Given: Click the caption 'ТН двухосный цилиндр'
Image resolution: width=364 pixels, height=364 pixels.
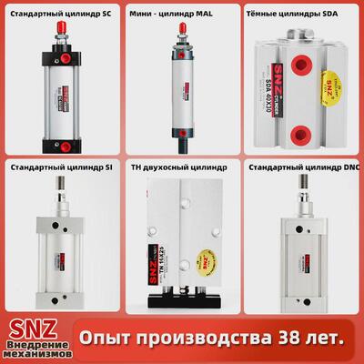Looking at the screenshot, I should click(179, 168).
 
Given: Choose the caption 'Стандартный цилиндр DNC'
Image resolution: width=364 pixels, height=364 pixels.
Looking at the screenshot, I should click(303, 168).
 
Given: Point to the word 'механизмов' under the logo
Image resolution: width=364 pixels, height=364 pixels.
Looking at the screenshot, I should click(34, 353).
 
